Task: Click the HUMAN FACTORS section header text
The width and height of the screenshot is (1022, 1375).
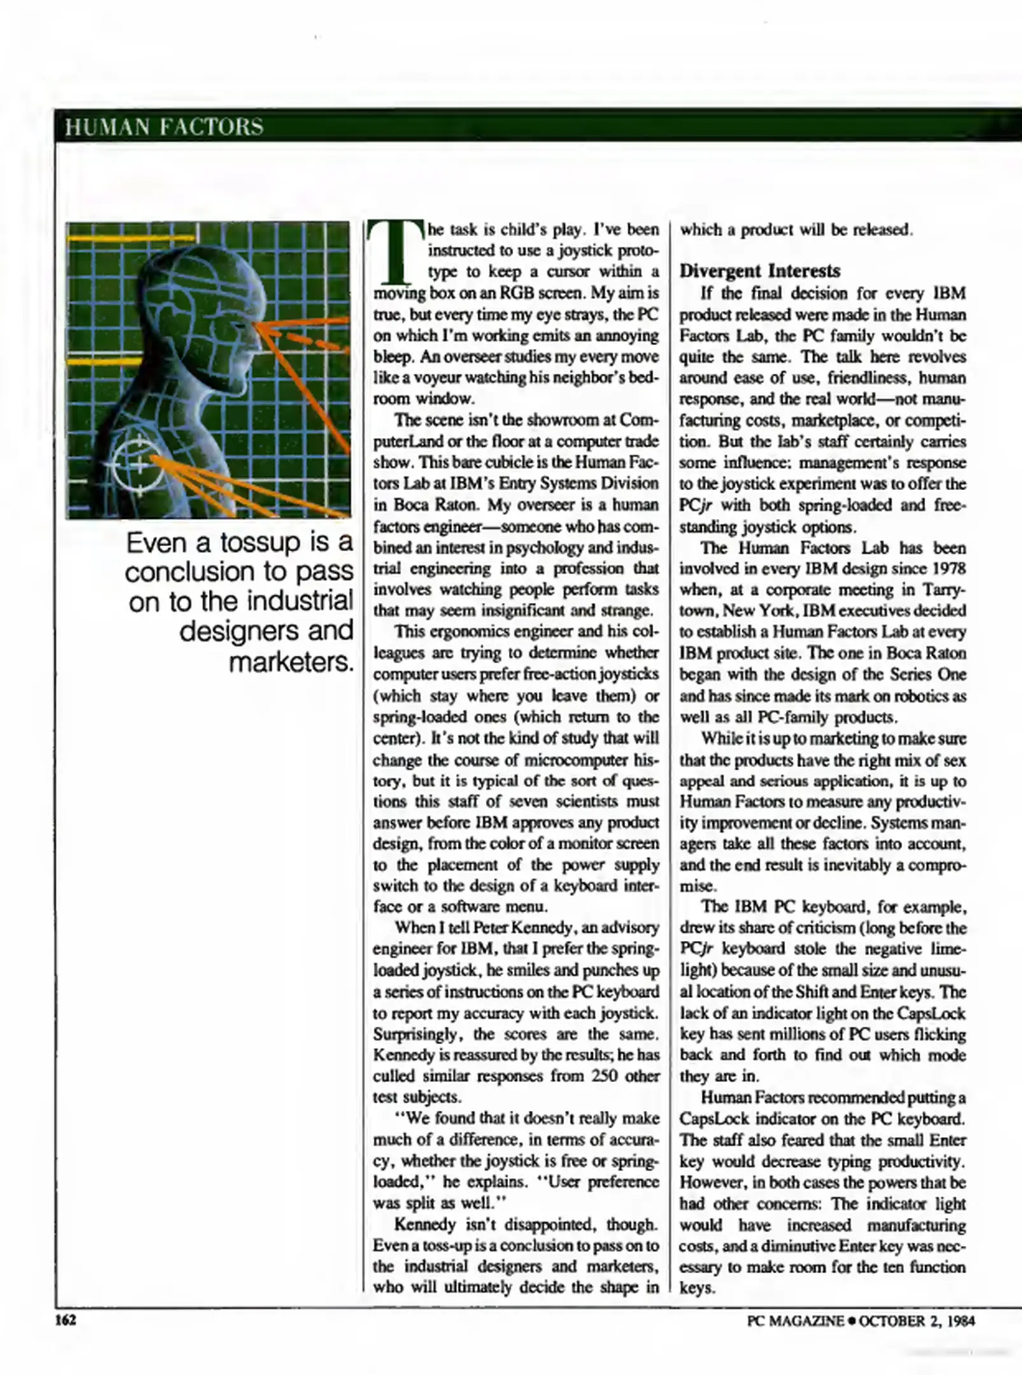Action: coord(164,127)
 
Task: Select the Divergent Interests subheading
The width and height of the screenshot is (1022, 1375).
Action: coord(760,271)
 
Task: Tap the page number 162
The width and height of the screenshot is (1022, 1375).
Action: coord(66,1320)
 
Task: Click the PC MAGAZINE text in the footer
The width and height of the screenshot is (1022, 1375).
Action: coord(795,1321)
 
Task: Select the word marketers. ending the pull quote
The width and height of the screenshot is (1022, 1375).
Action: coord(290,663)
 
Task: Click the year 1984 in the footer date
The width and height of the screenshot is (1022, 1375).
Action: coord(960,1321)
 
